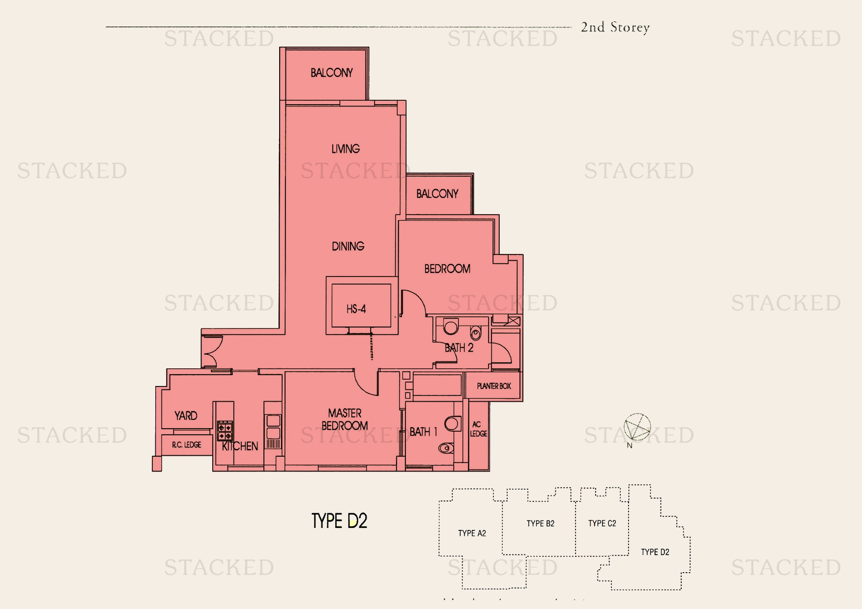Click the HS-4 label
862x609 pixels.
(x=356, y=309)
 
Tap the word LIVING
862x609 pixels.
(x=345, y=149)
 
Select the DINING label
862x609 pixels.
(x=348, y=246)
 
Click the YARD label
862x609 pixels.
(x=186, y=416)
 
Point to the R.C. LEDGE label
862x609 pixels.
(x=186, y=445)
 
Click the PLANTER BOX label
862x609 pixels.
(x=494, y=386)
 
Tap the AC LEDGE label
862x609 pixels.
(x=478, y=429)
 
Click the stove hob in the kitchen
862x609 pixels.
(x=225, y=431)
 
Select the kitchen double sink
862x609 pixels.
(x=273, y=427)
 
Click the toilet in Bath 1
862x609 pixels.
(x=446, y=448)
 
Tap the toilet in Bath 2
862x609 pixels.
(x=476, y=333)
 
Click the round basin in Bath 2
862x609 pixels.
(x=451, y=327)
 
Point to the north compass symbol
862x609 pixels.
(x=637, y=427)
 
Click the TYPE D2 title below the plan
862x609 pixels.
(x=340, y=521)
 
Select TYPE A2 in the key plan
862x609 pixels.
(x=472, y=533)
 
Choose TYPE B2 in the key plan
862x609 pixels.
(x=540, y=524)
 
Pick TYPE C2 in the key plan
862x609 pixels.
(x=602, y=524)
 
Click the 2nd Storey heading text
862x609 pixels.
(x=615, y=28)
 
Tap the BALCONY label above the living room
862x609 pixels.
(x=332, y=73)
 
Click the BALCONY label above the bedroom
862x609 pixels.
(x=437, y=194)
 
